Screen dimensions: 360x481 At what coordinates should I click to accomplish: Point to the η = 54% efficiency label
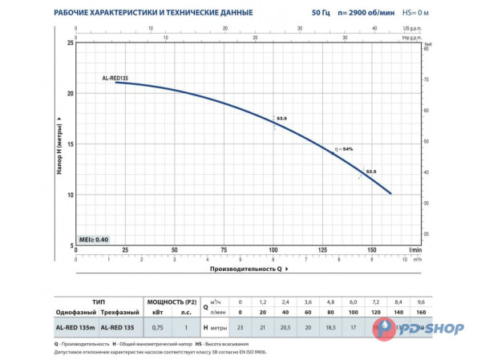(343, 149)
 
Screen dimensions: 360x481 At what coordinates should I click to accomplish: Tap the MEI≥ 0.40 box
(93, 240)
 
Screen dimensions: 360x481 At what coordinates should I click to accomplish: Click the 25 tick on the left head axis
(71, 42)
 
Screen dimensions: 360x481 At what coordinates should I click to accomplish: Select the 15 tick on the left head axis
(71, 144)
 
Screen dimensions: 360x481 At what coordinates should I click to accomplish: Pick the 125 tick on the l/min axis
(323, 250)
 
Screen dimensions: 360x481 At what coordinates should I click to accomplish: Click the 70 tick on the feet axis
(428, 80)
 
